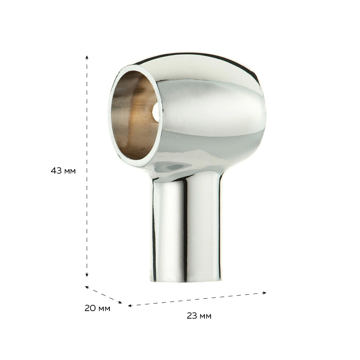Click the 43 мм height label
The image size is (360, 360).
pos(63,171)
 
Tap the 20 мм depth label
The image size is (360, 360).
pos(97,308)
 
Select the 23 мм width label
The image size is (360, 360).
pos(199,316)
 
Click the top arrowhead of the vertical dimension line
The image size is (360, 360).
pos(87,57)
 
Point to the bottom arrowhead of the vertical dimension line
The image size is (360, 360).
pos(87,275)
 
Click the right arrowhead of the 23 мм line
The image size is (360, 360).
pos(265,293)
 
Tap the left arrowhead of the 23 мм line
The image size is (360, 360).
pos(130,306)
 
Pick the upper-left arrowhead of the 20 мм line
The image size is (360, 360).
pos(87,287)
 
